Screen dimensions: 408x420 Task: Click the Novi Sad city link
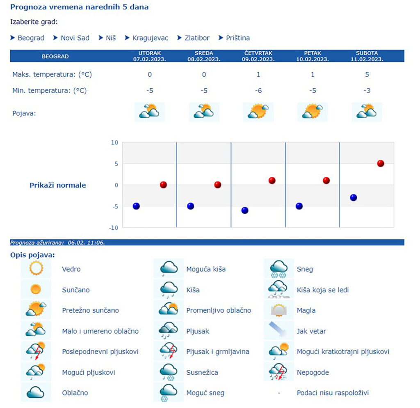(x=75, y=38)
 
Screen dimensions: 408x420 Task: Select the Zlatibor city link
(x=197, y=38)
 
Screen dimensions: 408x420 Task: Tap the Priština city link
(x=238, y=38)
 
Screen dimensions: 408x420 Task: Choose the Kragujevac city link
(x=150, y=38)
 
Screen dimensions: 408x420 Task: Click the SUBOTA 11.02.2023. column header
(x=367, y=56)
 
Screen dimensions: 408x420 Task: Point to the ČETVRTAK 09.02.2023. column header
(x=258, y=56)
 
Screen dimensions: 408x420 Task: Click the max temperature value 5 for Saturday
(x=367, y=74)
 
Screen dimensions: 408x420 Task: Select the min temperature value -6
(x=258, y=90)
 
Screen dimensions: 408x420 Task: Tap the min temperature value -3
(x=367, y=90)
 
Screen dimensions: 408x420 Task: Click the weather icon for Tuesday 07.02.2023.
(x=149, y=112)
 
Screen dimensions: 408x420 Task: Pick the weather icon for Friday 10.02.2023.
(x=312, y=112)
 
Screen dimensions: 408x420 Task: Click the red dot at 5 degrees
(x=381, y=163)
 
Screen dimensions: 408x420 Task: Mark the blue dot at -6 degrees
(x=245, y=210)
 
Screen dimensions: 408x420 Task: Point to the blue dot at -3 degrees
(x=354, y=197)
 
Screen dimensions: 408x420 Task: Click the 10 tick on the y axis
(x=114, y=142)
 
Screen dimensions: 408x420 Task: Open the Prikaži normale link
(x=58, y=185)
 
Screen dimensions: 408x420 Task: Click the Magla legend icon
(x=278, y=310)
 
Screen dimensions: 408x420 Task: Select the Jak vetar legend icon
(x=278, y=330)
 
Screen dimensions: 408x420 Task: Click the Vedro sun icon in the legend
(x=36, y=269)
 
